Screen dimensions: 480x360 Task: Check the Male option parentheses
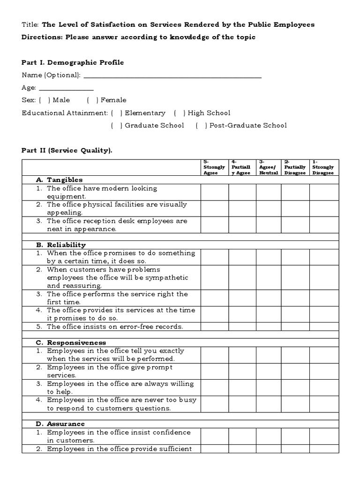tap(45, 100)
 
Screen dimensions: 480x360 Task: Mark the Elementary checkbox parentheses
tap(117, 113)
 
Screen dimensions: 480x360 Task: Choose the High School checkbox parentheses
tap(180, 113)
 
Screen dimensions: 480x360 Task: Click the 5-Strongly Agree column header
tap(214, 167)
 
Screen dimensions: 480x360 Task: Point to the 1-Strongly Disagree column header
tap(323, 167)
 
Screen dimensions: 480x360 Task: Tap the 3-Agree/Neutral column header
tap(269, 167)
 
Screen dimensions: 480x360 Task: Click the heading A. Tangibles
tap(59, 180)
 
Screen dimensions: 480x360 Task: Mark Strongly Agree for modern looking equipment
tap(215, 192)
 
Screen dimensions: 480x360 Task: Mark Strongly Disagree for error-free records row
tap(323, 327)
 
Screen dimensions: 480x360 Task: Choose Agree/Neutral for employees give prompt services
tap(269, 371)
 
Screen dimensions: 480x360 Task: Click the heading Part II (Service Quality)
tap(67, 150)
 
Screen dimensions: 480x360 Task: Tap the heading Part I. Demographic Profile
tap(73, 62)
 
